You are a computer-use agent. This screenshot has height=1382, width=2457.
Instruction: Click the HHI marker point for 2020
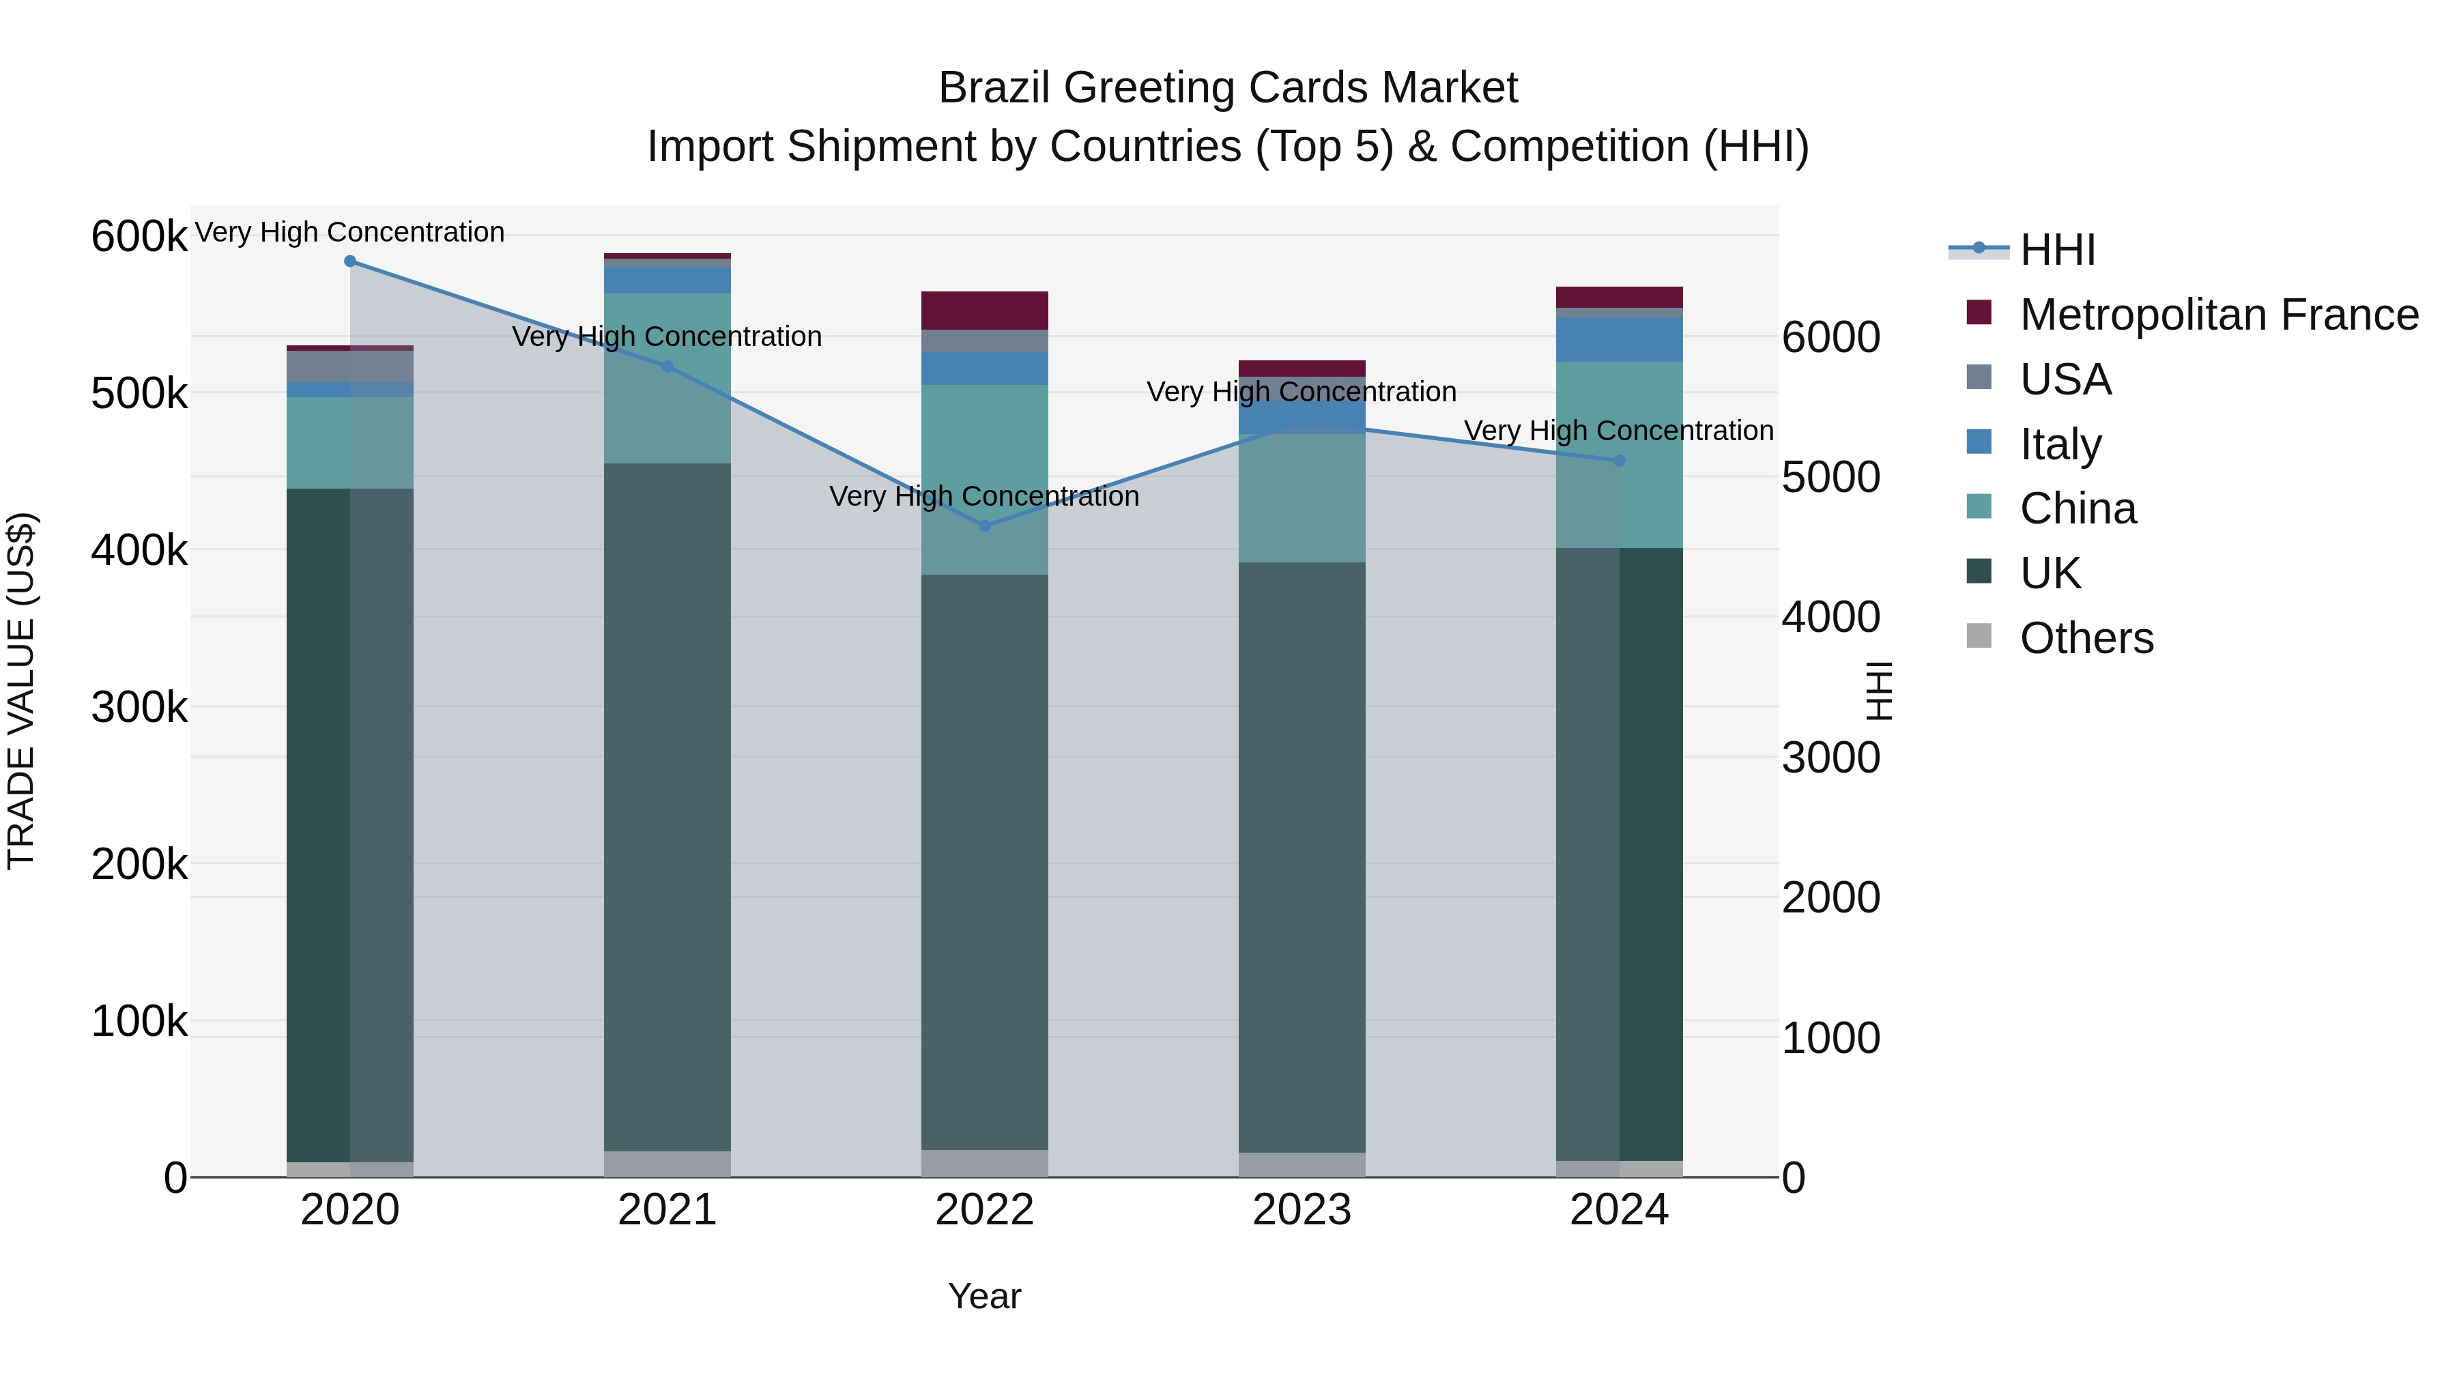point(350,261)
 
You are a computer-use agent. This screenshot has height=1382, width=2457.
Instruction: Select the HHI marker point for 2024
point(1620,461)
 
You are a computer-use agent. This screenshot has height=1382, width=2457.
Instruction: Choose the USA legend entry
point(2065,379)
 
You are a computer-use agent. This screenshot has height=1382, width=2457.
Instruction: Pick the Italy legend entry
point(2060,444)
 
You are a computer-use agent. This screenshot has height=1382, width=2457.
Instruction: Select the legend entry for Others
point(2086,638)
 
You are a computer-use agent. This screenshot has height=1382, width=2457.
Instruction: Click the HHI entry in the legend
point(2057,250)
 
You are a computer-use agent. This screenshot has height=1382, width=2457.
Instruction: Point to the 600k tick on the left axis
point(139,235)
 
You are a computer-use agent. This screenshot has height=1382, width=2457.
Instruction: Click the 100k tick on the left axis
point(139,1022)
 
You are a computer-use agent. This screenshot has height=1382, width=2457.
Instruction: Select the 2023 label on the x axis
point(1302,1210)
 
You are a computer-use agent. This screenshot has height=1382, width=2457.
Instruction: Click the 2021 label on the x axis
point(667,1210)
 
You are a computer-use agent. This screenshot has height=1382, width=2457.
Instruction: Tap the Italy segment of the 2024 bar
point(1620,340)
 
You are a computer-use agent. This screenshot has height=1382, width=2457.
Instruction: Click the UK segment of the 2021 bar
point(667,807)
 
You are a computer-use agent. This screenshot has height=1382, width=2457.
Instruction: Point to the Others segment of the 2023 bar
point(1302,1164)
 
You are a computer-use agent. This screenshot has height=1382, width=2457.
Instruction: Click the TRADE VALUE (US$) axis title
point(21,691)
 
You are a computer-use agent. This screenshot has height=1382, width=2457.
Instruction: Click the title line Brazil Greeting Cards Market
point(1228,88)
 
